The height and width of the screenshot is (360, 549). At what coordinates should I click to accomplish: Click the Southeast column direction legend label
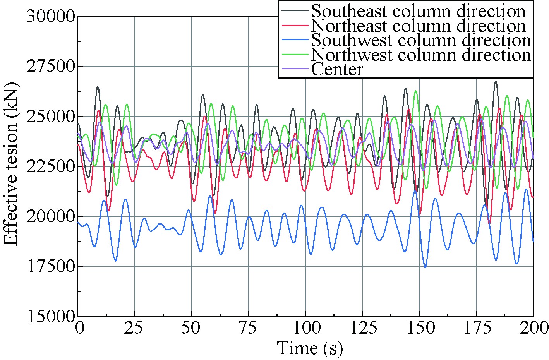pos(418,11)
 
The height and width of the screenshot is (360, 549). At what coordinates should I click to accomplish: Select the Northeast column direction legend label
pos(418,26)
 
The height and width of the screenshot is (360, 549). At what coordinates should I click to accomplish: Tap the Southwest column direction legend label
pos(421,40)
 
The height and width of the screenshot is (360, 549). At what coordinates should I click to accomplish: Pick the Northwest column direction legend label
pos(421,55)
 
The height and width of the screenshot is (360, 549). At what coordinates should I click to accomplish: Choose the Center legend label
pos(337,69)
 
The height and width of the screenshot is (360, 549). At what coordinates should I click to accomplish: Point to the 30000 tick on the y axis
pos(50,17)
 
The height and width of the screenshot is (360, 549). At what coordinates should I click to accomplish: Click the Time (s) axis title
pos(310,348)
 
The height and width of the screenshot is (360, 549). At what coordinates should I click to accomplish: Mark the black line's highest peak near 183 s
pos(495,82)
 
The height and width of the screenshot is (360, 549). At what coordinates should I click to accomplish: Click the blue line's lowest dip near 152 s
pos(425,267)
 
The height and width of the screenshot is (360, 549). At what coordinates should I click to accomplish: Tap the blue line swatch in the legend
pos(294,40)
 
